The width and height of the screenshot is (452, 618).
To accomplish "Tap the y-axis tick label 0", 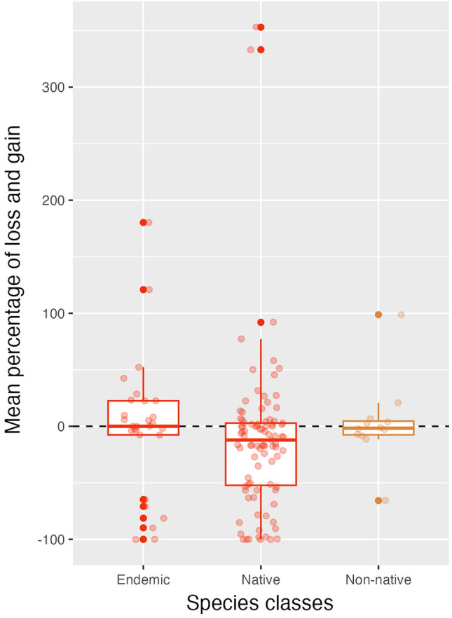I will [62, 426].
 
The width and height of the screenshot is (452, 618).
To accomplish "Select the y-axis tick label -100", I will [53, 540].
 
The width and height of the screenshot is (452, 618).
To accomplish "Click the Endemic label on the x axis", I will [143, 579].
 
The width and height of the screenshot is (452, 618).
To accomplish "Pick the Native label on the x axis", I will [261, 579].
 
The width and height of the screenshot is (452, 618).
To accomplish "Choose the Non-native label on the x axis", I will [378, 579].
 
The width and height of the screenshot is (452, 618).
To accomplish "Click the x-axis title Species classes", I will [259, 603].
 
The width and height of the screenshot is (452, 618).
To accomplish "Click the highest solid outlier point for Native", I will [261, 27].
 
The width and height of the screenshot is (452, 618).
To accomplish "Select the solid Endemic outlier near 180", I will [143, 222].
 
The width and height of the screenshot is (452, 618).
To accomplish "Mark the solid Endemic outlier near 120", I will [143, 289].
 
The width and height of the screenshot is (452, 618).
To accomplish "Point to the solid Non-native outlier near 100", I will [378, 315].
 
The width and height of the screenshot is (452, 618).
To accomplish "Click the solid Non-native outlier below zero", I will [378, 500].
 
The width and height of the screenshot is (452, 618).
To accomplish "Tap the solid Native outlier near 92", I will [261, 322].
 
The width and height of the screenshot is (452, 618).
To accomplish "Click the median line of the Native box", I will [261, 440].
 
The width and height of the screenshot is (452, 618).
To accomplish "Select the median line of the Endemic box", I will [143, 426].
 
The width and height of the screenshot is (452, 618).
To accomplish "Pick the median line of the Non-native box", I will [378, 427].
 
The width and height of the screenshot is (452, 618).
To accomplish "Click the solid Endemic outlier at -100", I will [143, 540].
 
